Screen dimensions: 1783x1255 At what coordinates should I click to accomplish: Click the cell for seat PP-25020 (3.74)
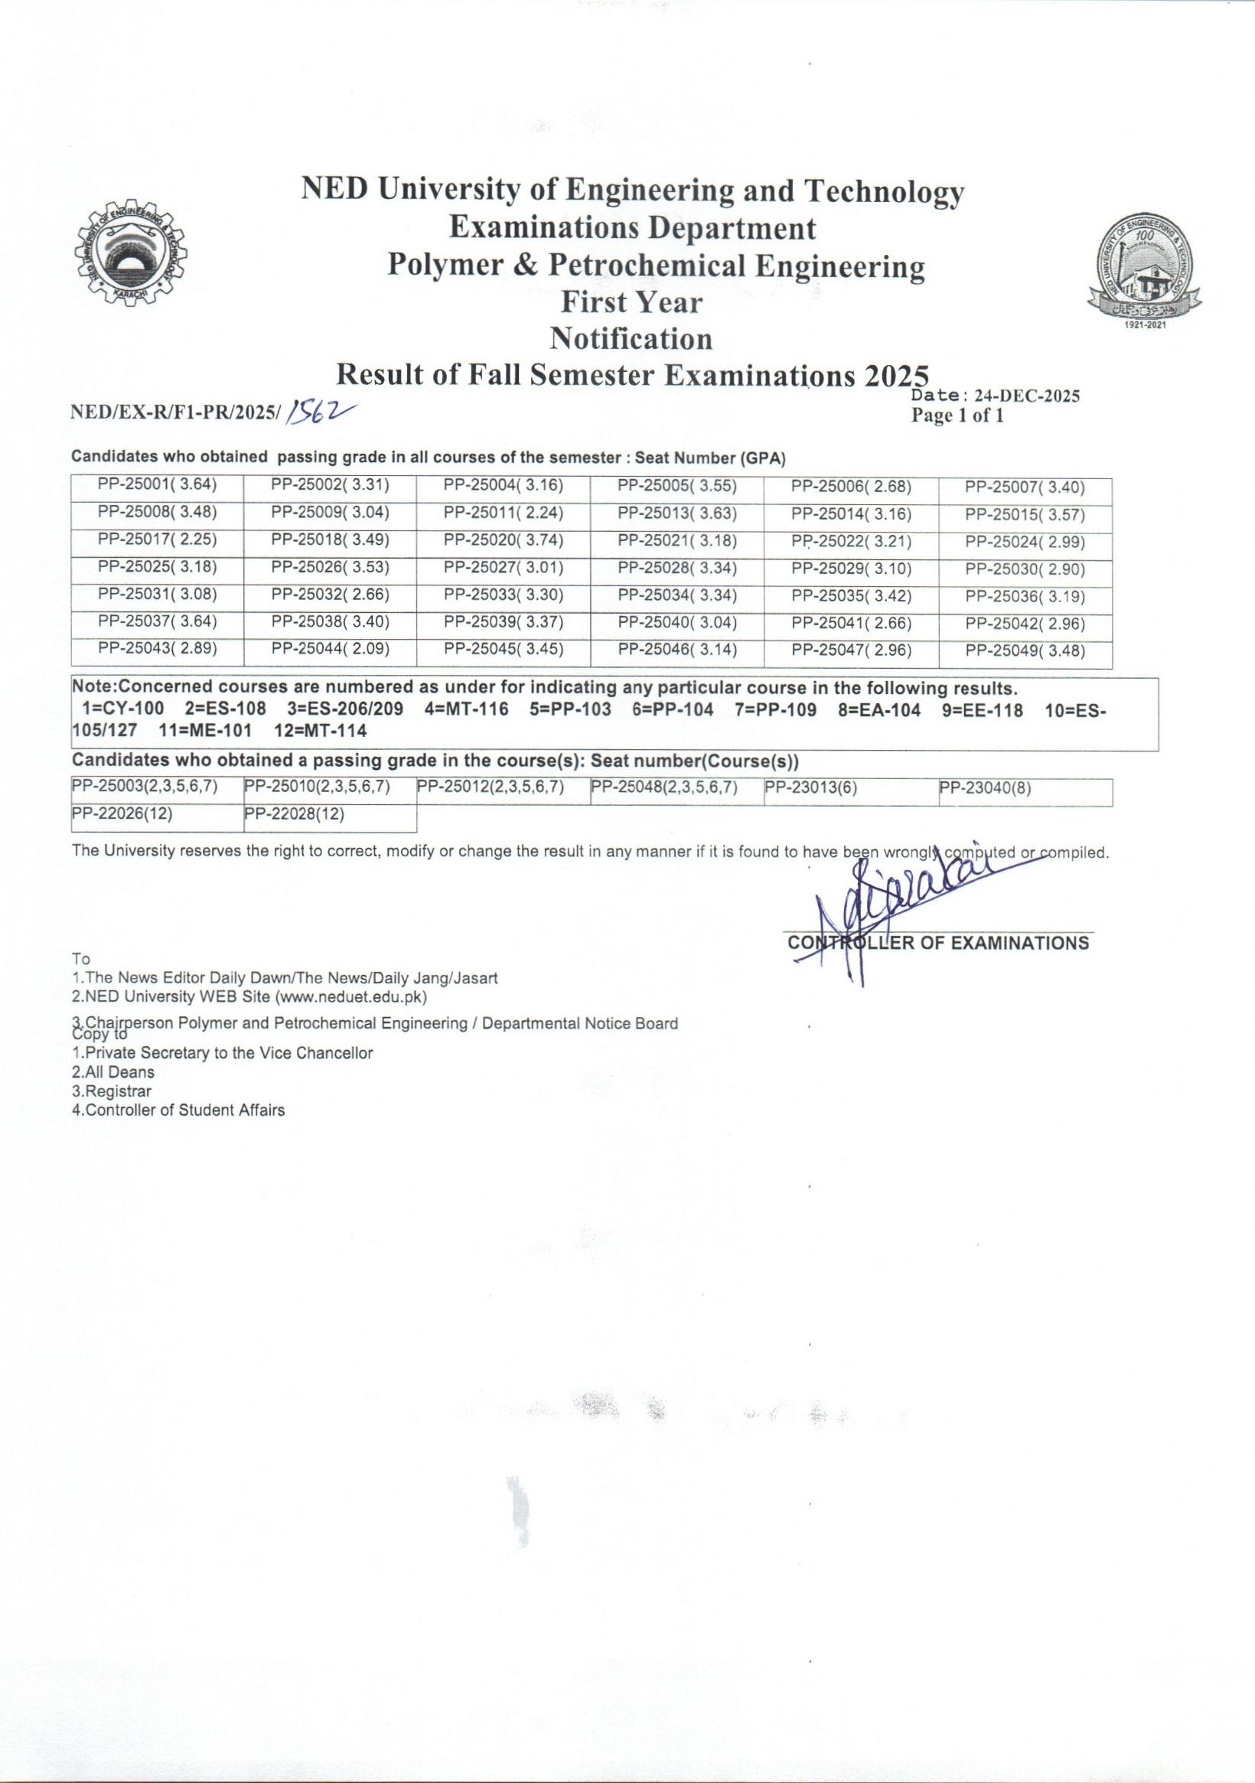point(504,541)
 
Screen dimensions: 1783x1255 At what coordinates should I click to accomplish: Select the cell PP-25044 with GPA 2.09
point(330,649)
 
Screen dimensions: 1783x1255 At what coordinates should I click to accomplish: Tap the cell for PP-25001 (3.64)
point(157,486)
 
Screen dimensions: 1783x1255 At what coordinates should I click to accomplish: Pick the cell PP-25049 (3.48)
point(1025,650)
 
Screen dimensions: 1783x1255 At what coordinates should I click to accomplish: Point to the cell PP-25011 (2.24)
point(504,514)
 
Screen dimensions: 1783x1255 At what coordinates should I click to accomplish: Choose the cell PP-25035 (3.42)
point(851,596)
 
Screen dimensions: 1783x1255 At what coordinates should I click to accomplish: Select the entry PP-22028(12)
point(295,814)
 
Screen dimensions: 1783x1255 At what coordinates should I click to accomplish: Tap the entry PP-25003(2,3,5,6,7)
point(145,787)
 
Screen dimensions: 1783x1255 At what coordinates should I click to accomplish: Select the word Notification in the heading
point(631,338)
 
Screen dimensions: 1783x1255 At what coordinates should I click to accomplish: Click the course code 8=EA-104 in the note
point(879,710)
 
